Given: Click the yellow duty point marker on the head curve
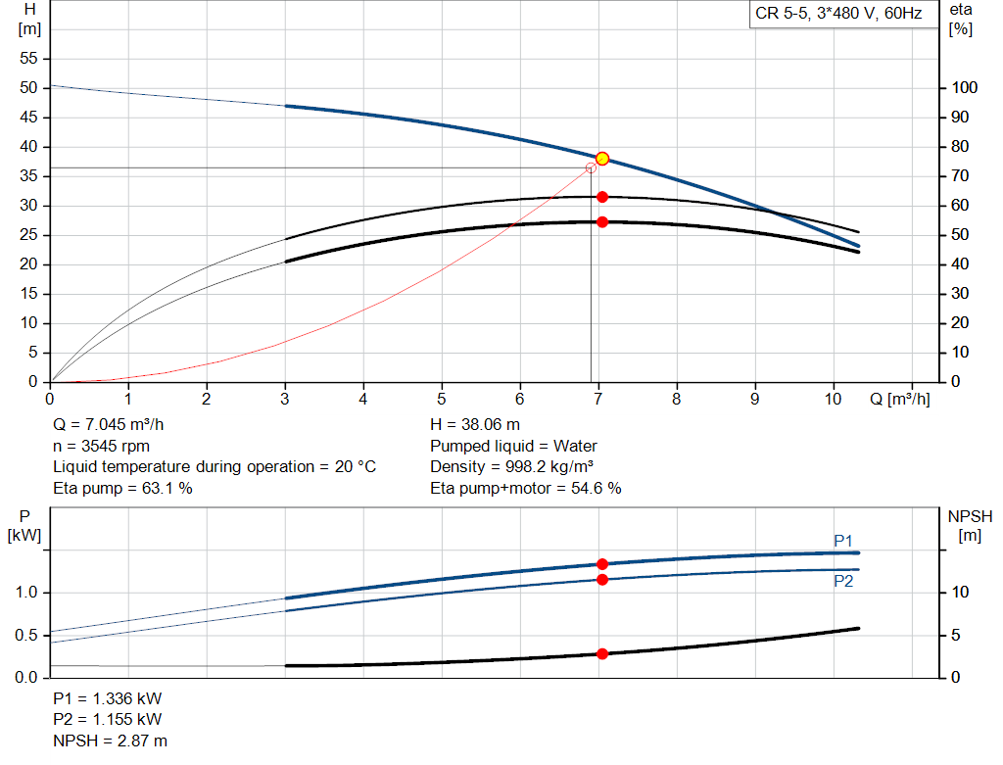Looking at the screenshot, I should [602, 159].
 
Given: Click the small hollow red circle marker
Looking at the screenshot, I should [591, 168].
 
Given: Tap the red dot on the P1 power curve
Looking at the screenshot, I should [602, 564].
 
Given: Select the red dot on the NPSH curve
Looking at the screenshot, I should [602, 653].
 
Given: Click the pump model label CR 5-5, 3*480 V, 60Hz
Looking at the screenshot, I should [838, 15].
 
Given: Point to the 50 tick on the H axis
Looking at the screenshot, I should [29, 88].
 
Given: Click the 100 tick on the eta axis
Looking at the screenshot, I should [965, 88].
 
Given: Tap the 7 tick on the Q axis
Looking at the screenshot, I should [598, 400].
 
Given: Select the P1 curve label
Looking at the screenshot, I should [843, 541].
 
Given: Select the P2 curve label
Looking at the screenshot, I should [843, 582].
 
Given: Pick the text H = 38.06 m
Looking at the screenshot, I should [475, 425].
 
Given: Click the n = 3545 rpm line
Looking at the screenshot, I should [101, 446].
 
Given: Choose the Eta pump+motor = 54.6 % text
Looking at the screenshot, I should [526, 488].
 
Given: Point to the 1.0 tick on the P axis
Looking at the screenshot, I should [26, 593].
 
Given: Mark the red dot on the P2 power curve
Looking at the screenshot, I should [602, 580].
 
